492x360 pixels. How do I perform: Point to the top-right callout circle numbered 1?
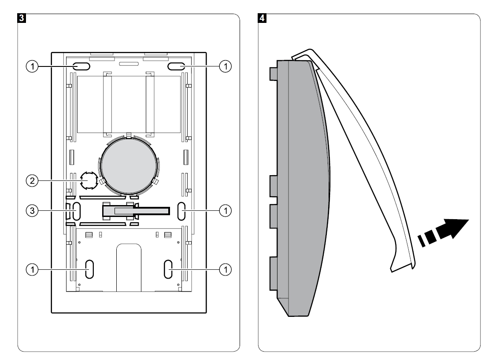click(x=225, y=66)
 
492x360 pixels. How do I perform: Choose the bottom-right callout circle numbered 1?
click(x=225, y=268)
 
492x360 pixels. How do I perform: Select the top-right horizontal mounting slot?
click(x=176, y=66)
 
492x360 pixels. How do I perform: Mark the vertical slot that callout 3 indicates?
click(x=76, y=211)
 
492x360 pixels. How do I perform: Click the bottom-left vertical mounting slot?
click(x=89, y=268)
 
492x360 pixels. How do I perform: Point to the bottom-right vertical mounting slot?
click(x=168, y=268)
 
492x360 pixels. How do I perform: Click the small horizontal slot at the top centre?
click(x=128, y=63)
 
